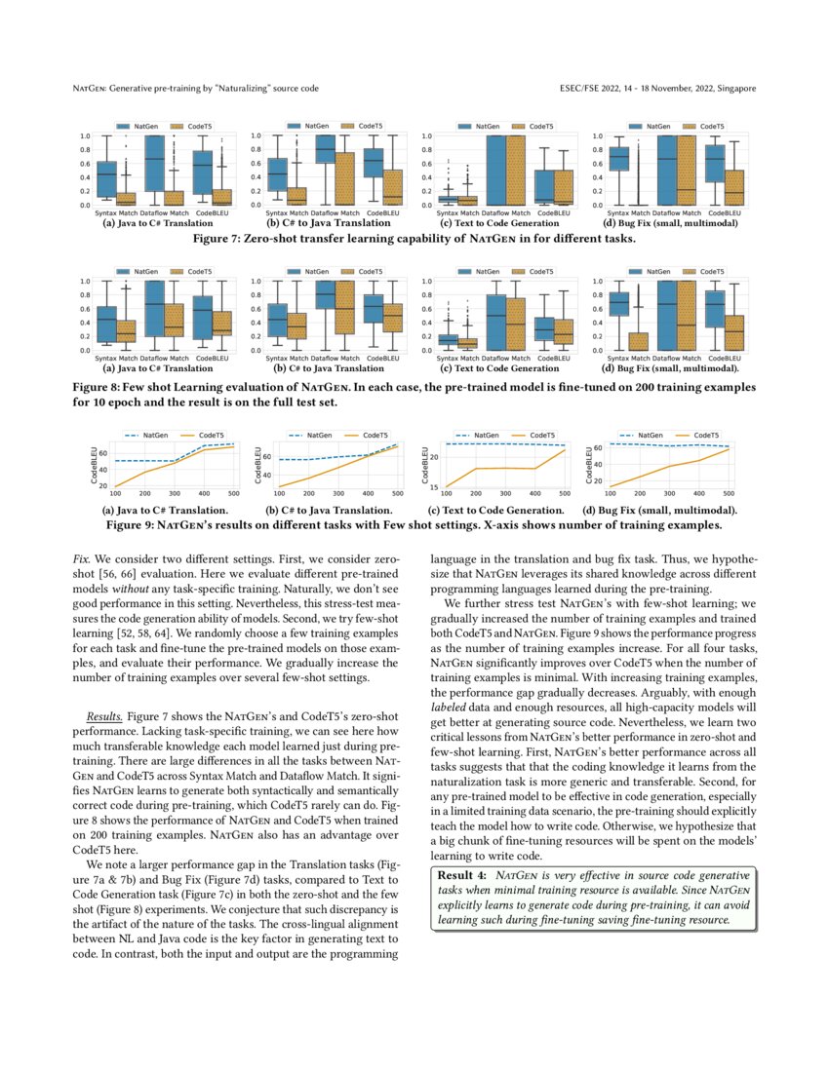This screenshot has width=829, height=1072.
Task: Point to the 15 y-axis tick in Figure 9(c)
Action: click(435, 486)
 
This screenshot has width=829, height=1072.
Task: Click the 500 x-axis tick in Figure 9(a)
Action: click(230, 494)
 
